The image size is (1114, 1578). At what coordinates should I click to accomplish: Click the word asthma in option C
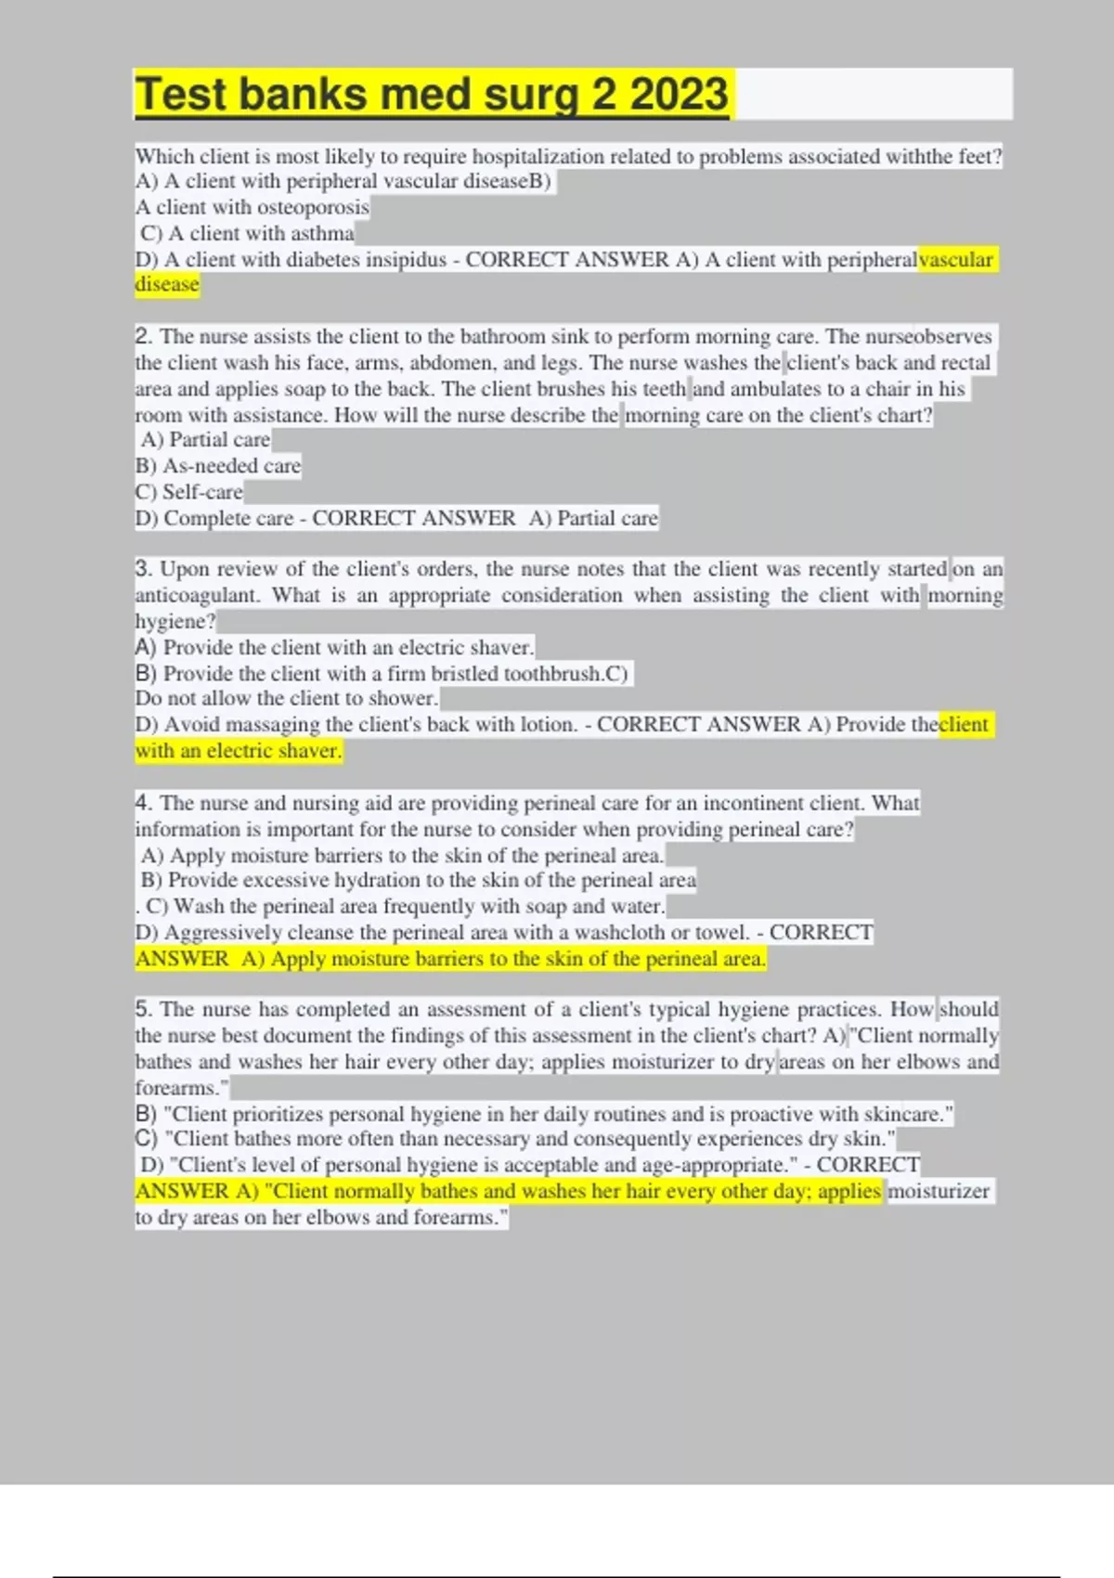coord(322,233)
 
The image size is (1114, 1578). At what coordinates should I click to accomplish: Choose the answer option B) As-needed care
coord(218,466)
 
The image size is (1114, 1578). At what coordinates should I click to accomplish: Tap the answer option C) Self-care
coord(189,492)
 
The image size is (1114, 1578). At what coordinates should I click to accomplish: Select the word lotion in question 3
coord(548,725)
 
